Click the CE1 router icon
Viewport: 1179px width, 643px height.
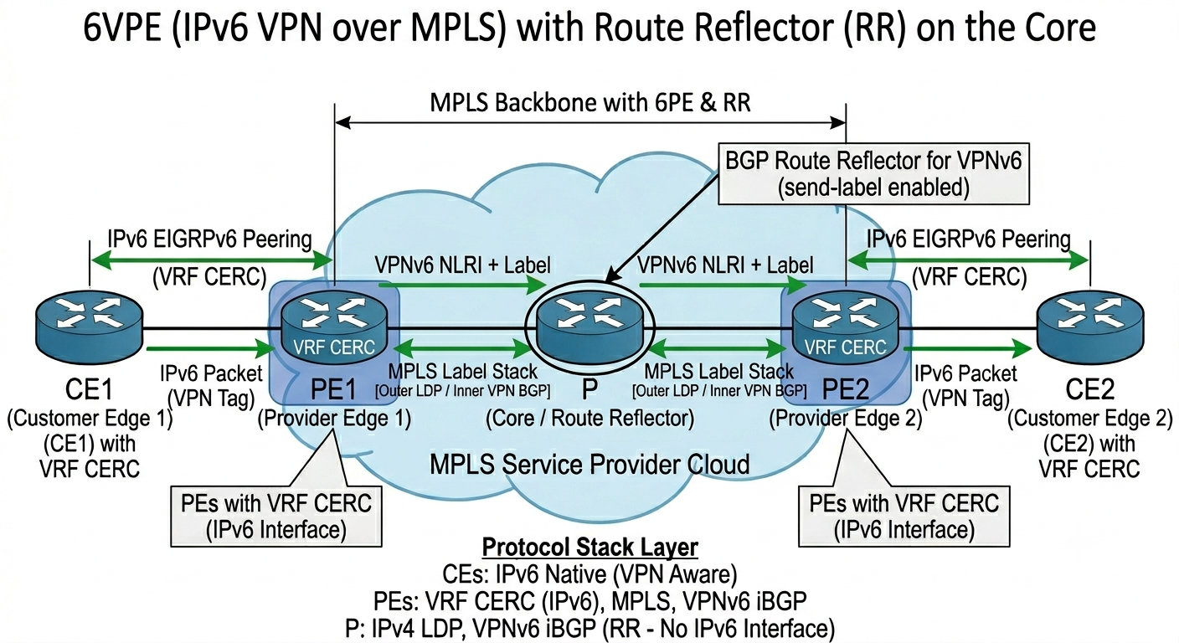tap(90, 327)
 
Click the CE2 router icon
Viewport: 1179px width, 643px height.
tap(1090, 327)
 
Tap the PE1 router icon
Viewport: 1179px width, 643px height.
tap(334, 327)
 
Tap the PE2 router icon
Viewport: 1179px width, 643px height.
tap(846, 327)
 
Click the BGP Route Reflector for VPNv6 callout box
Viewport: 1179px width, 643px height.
tap(873, 173)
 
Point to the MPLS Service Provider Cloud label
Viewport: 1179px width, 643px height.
tap(589, 465)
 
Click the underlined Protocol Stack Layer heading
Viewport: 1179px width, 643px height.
tap(590, 548)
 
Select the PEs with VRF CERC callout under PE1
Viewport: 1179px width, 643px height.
tap(276, 517)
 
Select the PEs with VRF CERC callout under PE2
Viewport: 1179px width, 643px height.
tap(904, 517)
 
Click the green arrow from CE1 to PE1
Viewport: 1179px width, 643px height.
tap(211, 347)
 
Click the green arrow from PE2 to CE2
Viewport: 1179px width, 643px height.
tap(967, 347)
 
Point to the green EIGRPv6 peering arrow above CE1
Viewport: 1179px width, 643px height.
tap(212, 260)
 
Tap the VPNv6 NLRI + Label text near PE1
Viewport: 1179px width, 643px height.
tap(463, 265)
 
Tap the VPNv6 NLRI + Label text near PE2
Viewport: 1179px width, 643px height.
tap(725, 265)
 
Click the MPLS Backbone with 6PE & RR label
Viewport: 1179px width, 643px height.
tap(590, 103)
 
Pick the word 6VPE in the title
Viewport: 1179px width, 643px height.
tap(122, 28)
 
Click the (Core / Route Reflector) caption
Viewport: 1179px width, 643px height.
tap(590, 419)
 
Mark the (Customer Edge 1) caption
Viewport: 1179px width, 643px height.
tap(90, 419)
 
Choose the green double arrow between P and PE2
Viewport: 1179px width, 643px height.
tap(718, 347)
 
